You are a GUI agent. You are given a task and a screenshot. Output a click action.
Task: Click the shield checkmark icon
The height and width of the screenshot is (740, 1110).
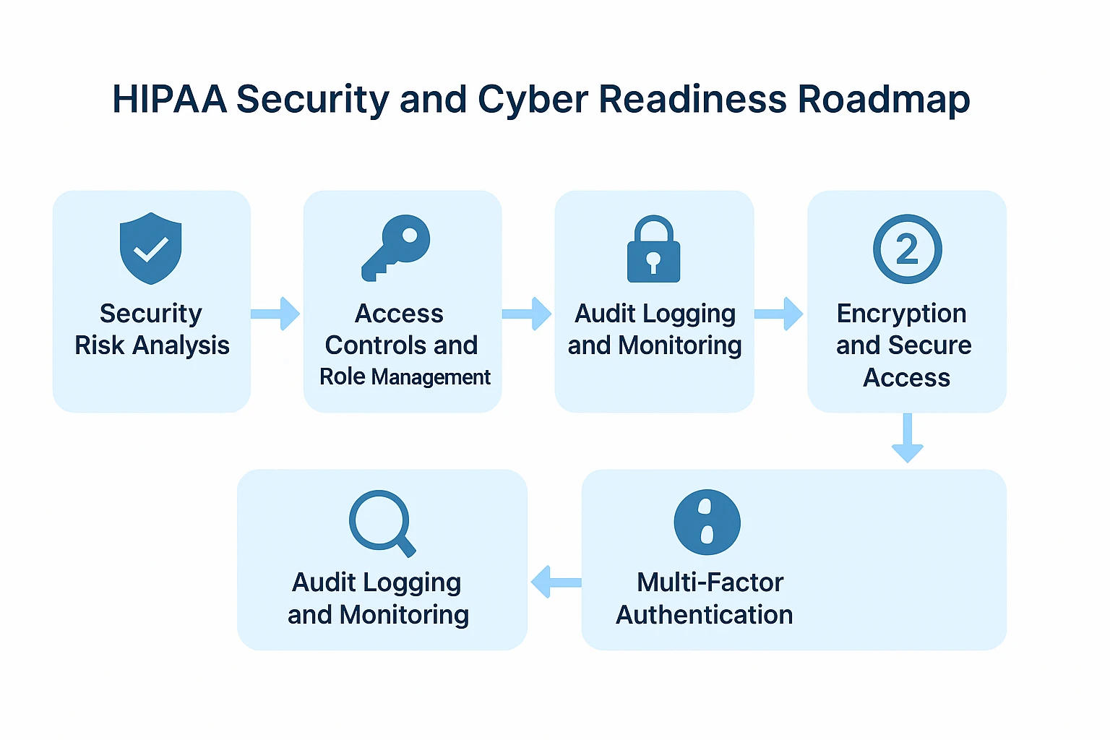(x=150, y=248)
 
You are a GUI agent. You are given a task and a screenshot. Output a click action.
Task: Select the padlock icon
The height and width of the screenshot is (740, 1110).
(x=653, y=249)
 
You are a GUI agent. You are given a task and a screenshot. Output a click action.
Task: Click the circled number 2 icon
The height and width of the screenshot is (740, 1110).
(x=907, y=249)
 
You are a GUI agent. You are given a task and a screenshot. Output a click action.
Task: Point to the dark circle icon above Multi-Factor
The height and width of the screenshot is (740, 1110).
(x=707, y=522)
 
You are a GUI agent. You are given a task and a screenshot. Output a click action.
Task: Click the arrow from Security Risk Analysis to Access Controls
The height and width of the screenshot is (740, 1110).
(x=275, y=314)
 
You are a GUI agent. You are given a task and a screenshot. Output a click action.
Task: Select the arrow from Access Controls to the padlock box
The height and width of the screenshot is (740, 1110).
(x=527, y=314)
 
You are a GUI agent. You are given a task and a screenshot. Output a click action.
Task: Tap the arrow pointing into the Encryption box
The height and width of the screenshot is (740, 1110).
(x=779, y=314)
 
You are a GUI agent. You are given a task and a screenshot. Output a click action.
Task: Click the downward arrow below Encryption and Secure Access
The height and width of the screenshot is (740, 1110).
(x=907, y=438)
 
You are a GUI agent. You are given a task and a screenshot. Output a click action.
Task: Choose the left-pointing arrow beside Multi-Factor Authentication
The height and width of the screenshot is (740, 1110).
(x=556, y=582)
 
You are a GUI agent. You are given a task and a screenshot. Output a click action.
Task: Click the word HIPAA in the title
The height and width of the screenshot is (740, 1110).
(x=170, y=99)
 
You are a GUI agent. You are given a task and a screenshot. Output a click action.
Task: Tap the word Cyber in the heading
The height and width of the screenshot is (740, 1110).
(x=533, y=99)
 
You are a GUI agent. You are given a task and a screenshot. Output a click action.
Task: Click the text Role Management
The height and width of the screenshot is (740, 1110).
(x=405, y=377)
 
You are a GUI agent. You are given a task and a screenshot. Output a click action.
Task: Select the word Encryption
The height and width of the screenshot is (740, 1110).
(x=901, y=314)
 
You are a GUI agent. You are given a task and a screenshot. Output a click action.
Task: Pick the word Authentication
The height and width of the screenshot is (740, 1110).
(x=704, y=615)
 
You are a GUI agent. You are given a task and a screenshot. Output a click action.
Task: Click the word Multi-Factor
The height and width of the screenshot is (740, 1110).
(x=710, y=582)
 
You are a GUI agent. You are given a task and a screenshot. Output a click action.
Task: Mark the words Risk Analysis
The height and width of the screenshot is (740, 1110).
(x=152, y=345)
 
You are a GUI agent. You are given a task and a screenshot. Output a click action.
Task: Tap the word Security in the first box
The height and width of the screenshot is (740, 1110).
(x=150, y=314)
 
